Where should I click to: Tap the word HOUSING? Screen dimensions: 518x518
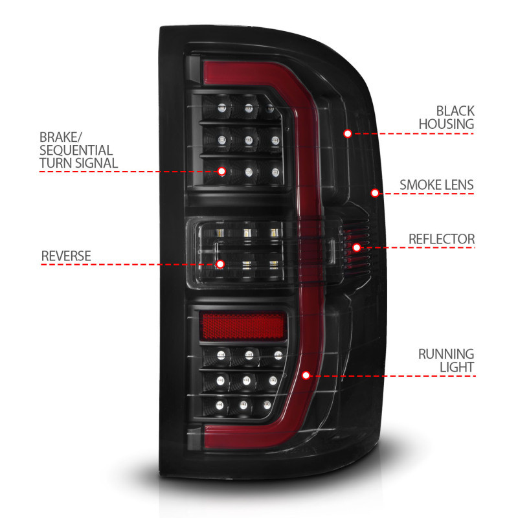(446, 124)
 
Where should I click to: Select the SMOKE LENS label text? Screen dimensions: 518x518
(436, 185)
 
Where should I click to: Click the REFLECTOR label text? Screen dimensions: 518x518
(442, 239)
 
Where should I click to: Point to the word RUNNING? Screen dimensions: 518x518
(446, 354)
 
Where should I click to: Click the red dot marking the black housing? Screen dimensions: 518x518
(348, 133)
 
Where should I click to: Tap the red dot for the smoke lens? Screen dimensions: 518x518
(374, 192)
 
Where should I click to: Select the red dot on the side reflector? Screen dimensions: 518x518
(356, 247)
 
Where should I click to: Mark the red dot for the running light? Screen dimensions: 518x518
(306, 375)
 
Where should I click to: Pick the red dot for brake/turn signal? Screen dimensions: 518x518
(222, 172)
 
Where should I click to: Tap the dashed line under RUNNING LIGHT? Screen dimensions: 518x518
(401, 375)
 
